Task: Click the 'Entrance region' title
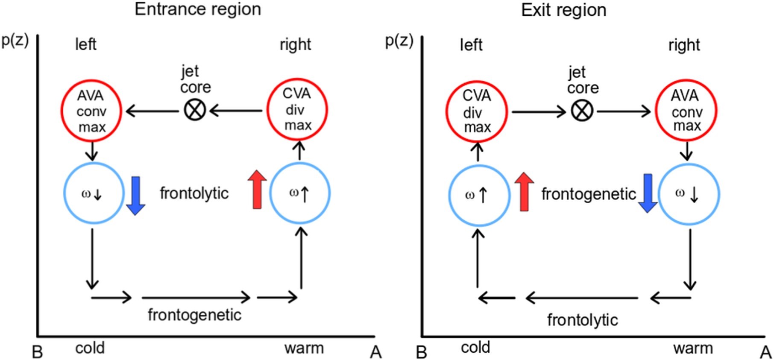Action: (x=198, y=9)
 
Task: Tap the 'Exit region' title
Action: (x=563, y=10)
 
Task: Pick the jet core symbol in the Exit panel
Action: (x=582, y=111)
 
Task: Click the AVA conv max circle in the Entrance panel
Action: (x=91, y=111)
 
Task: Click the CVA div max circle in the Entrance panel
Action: (x=297, y=109)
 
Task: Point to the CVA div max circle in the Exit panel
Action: (x=477, y=111)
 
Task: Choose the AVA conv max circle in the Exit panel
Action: (x=686, y=111)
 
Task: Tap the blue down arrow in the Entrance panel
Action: (x=136, y=196)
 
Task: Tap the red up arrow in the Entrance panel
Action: (x=257, y=189)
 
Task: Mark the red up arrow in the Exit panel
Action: (x=524, y=192)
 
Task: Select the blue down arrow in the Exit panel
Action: (x=648, y=193)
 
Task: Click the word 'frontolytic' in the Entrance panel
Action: (x=194, y=193)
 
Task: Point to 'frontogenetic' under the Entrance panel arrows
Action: (x=194, y=315)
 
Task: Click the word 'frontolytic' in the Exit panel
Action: (x=583, y=320)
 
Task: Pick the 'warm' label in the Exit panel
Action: (x=693, y=348)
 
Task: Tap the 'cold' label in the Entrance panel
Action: (x=90, y=348)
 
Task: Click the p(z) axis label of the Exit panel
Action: (x=399, y=41)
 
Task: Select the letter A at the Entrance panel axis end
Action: (x=375, y=352)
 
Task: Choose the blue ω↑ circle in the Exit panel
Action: (x=479, y=195)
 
